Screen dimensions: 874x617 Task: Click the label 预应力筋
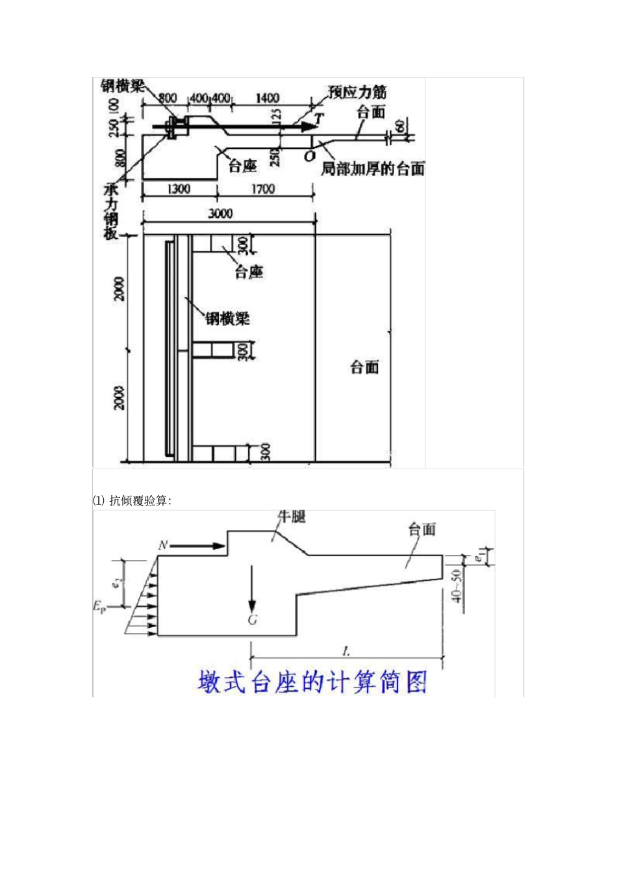point(357,93)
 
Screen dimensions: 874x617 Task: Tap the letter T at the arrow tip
point(318,119)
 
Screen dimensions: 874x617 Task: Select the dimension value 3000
point(220,214)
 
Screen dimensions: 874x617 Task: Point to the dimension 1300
point(179,188)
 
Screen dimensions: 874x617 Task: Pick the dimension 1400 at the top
point(267,98)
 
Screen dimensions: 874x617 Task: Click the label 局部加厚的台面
point(373,169)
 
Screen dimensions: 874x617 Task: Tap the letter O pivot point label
point(309,156)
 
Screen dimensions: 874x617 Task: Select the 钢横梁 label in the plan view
point(227,318)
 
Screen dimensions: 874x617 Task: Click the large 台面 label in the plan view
point(364,367)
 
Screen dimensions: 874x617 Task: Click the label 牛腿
point(292,517)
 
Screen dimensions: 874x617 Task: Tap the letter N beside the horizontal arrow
point(163,545)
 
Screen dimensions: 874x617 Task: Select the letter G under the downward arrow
point(253,619)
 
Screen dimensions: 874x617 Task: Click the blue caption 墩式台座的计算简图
point(312,682)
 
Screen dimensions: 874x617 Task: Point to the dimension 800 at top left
point(168,98)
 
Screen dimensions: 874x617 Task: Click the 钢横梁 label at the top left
point(123,86)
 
